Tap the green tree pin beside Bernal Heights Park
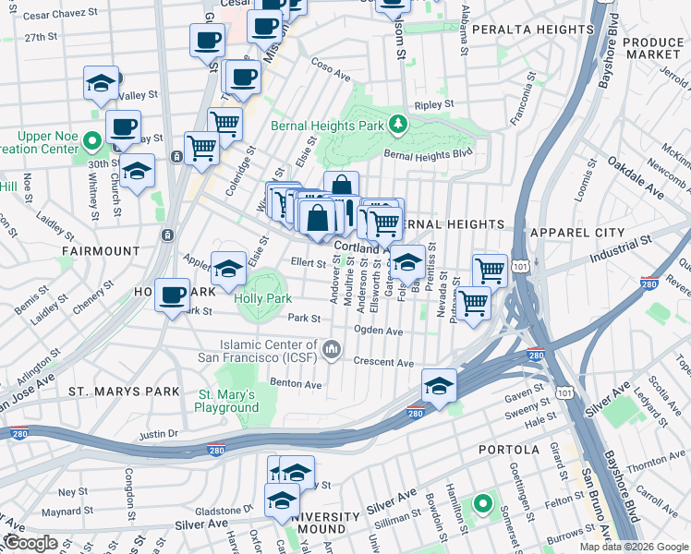[397, 123]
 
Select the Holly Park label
[263, 298]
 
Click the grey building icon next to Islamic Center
[332, 349]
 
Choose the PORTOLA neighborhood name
[508, 450]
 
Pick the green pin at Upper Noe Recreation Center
[91, 141]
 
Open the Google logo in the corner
[30, 543]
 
